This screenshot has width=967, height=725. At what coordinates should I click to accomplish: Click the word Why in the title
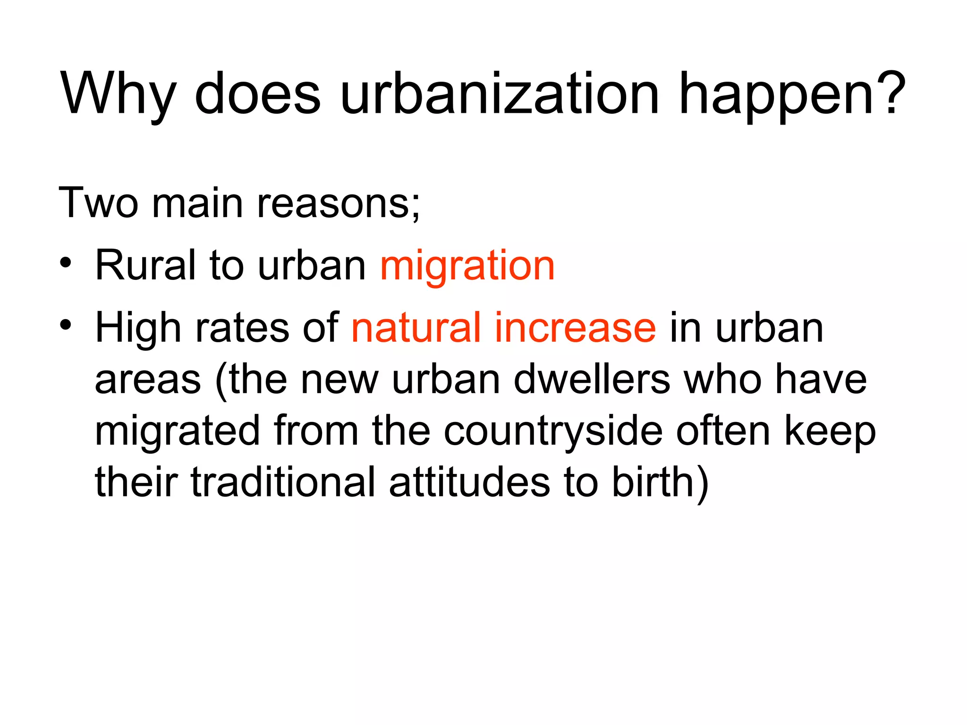click(118, 94)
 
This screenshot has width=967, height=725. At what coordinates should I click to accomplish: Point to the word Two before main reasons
click(98, 203)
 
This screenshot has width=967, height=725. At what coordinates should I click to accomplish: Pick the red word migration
click(467, 267)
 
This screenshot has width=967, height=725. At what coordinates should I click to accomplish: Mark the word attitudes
click(469, 482)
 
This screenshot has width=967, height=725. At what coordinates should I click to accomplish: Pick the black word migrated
click(178, 432)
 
